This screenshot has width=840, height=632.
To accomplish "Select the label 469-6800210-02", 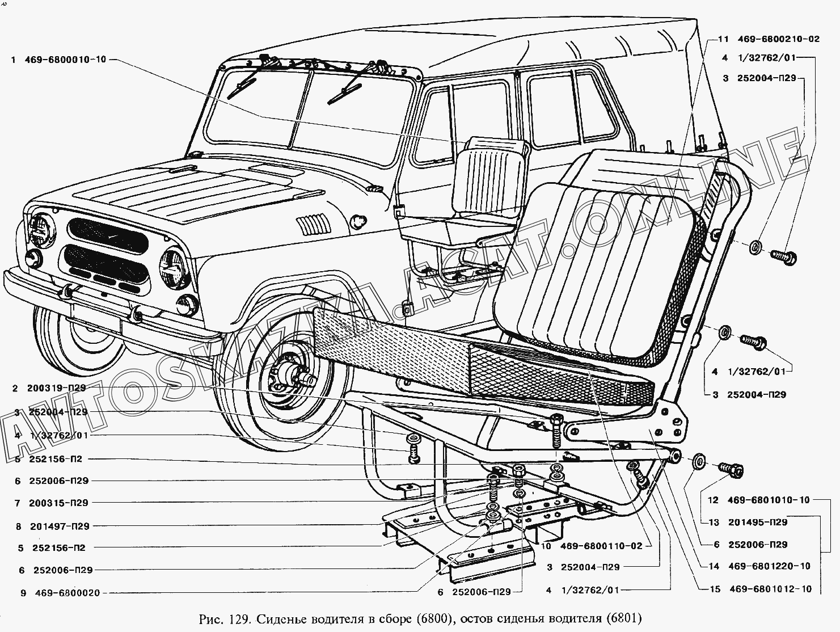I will point(779,40).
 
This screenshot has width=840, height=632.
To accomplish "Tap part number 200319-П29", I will point(56,389).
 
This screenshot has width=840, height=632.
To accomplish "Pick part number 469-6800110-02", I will point(601,546).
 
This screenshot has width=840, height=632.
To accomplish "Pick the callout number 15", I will point(714,589).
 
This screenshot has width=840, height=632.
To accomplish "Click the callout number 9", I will point(23,593).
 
